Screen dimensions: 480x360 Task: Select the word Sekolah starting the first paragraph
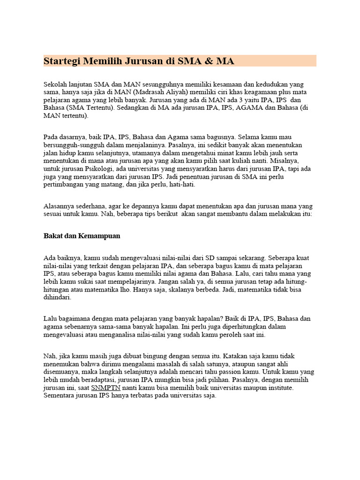click(x=56, y=84)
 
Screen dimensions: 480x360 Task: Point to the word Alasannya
click(x=59, y=206)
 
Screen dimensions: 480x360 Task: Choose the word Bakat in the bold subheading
click(x=52, y=236)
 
